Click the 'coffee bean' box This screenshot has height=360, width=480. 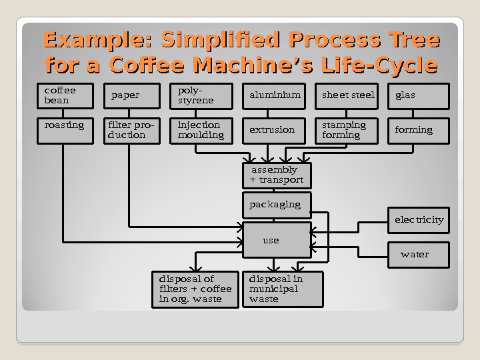pyautogui.click(x=65, y=96)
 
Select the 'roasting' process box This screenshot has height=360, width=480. pyautogui.click(x=65, y=131)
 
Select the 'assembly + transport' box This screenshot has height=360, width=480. pyautogui.click(x=277, y=176)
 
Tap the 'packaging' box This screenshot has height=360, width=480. pyautogui.click(x=277, y=205)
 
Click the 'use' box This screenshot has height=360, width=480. pyautogui.click(x=277, y=240)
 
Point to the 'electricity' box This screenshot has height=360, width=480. pyautogui.click(x=419, y=220)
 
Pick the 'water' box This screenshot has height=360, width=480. pyautogui.click(x=419, y=255)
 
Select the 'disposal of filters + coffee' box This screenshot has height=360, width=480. pyautogui.click(x=196, y=289)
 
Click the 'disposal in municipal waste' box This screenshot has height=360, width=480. pyautogui.click(x=284, y=289)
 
